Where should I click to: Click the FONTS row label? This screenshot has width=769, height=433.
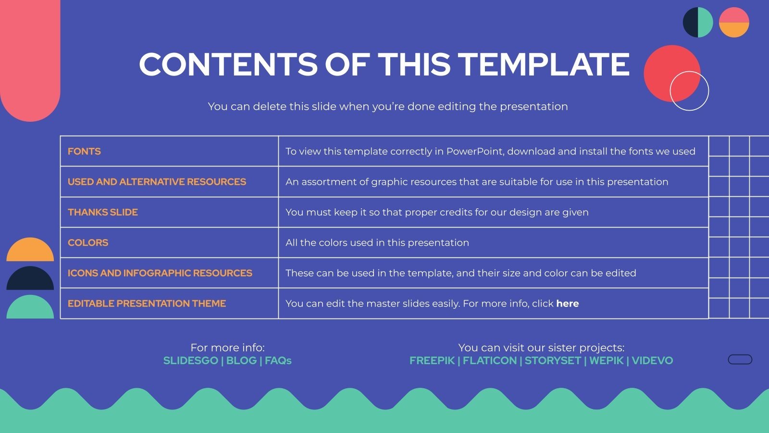point(84,152)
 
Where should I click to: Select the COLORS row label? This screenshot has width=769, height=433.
point(88,243)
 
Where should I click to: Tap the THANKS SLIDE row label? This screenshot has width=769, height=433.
point(103,212)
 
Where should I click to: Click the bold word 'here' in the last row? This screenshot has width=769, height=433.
point(567,304)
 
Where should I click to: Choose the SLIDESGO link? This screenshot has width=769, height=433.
point(191,361)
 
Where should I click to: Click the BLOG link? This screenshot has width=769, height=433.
point(241,361)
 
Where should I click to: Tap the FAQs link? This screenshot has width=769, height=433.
point(278,361)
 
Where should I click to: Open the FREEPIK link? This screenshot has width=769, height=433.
point(432,361)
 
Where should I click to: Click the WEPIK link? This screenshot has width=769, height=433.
point(606,361)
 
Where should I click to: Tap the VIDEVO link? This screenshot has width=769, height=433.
point(652,361)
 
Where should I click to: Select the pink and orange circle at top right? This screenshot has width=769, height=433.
point(734,22)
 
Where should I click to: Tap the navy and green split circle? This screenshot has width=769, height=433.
point(698,22)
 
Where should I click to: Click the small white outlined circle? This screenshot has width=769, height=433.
point(689,91)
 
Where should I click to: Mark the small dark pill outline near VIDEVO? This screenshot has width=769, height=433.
point(740,359)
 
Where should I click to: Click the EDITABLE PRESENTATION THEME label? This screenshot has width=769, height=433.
point(147,304)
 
